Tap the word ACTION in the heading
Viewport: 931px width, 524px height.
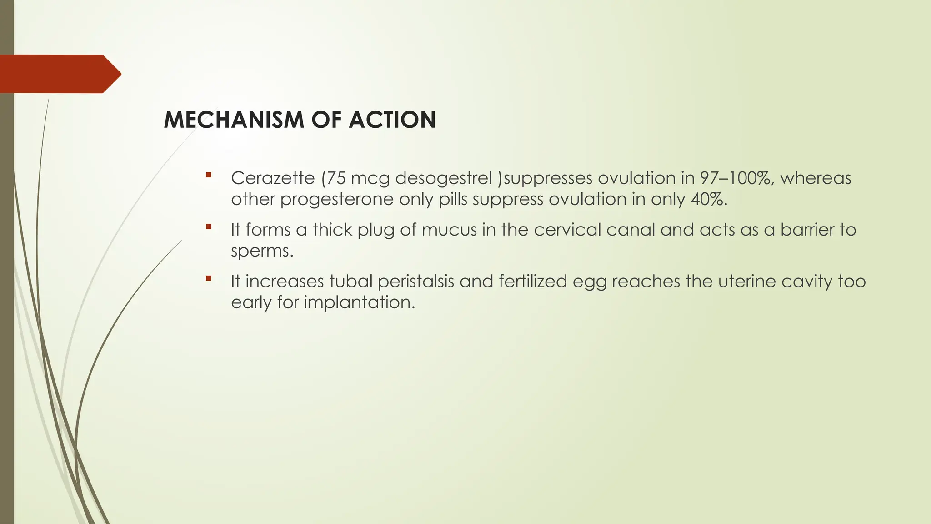[x=392, y=120]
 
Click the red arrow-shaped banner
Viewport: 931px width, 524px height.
[x=59, y=74]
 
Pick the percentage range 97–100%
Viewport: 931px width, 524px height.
[x=736, y=178]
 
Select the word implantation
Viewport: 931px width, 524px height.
[x=359, y=302]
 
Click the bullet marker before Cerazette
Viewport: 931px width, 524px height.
[x=209, y=175]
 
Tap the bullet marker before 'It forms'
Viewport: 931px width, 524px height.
[x=209, y=227]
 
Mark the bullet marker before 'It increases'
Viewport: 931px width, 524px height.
[x=209, y=278]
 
